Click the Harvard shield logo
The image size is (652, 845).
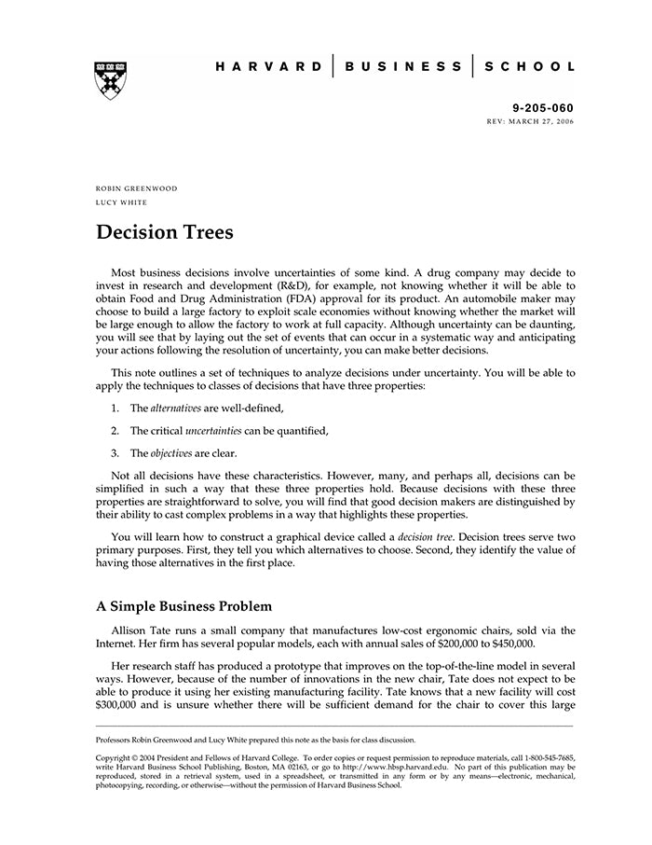click(111, 81)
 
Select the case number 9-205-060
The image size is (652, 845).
click(544, 108)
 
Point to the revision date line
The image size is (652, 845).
click(531, 122)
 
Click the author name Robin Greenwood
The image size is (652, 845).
click(136, 188)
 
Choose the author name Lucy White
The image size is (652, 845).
click(122, 202)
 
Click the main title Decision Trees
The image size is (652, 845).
click(165, 231)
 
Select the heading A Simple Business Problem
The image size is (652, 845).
click(183, 605)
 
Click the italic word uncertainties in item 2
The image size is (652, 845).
click(213, 431)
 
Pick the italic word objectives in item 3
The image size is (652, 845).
click(172, 453)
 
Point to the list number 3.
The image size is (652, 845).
click(114, 453)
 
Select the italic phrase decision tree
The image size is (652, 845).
click(424, 538)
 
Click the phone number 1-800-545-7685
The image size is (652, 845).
click(548, 758)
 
